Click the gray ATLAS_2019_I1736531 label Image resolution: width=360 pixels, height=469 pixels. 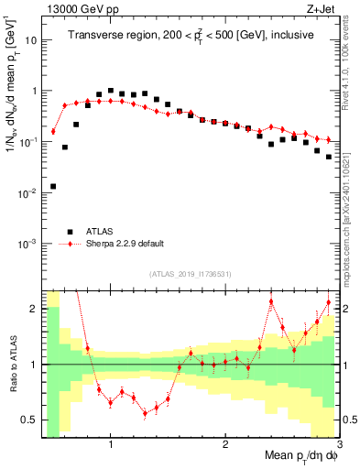click(x=191, y=274)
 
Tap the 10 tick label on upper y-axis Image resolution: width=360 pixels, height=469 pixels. click(x=31, y=40)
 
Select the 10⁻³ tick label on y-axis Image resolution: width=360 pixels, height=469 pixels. click(x=27, y=245)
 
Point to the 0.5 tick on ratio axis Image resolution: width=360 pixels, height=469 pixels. click(x=29, y=420)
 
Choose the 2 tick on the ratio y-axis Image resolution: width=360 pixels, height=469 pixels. click(x=34, y=309)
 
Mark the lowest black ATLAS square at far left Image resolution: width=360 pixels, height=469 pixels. click(x=53, y=186)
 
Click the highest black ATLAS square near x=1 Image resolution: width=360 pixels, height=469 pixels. click(x=111, y=91)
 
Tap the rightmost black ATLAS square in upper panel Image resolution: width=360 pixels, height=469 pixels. click(x=329, y=157)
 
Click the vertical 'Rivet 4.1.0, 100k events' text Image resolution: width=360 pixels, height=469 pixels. click(x=348, y=64)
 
